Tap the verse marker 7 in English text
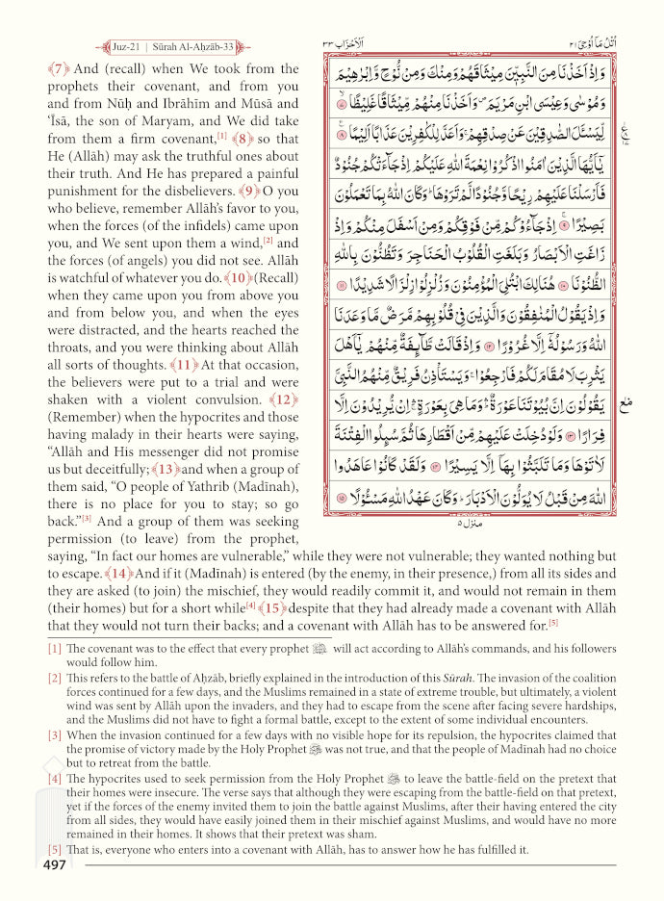pyautogui.click(x=58, y=69)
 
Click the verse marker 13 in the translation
pyautogui.click(x=168, y=470)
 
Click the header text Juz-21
pyautogui.click(x=126, y=45)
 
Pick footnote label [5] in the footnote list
pyautogui.click(x=55, y=850)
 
